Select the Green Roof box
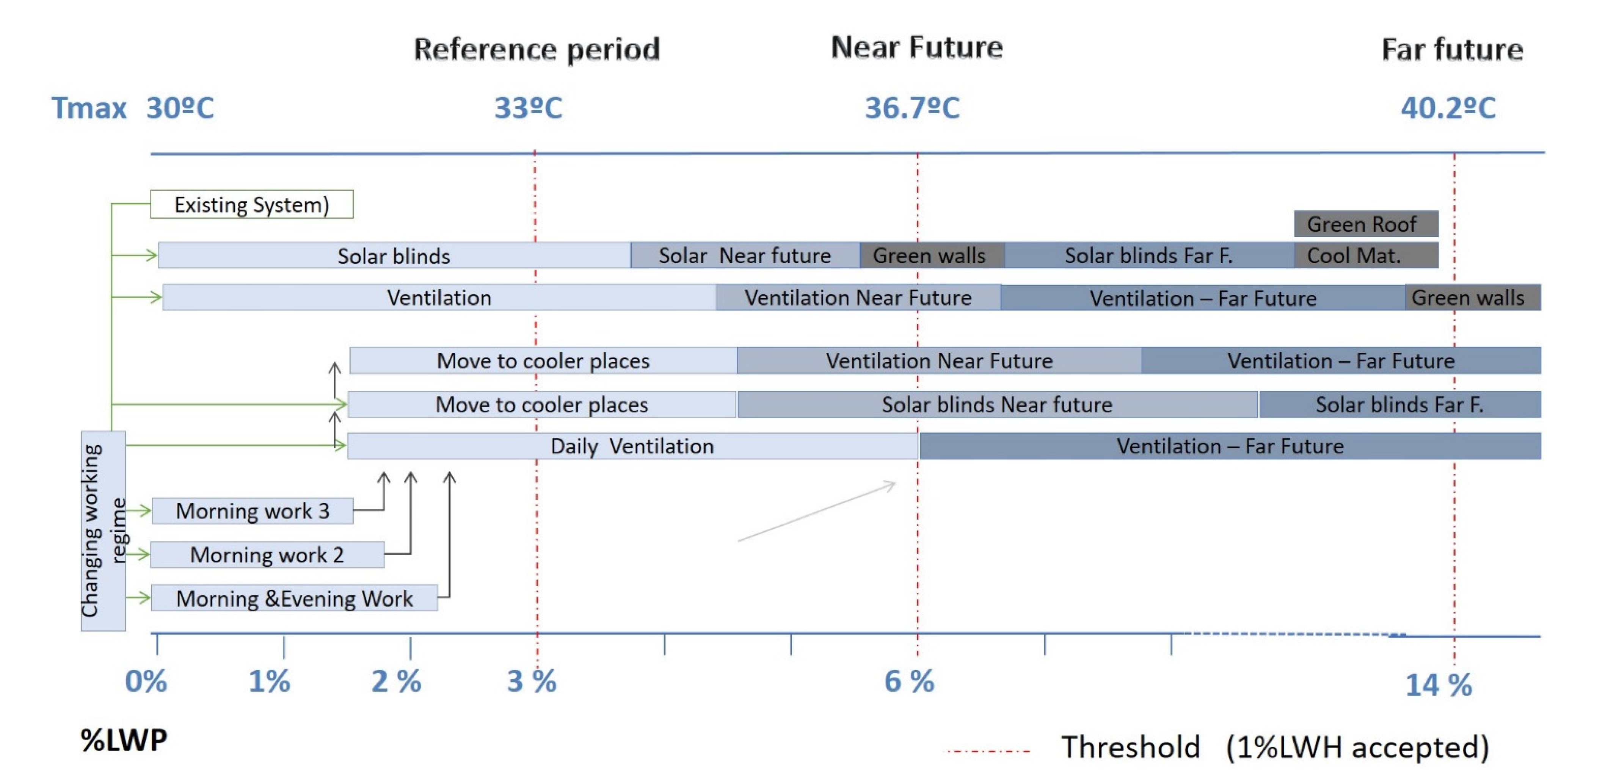pos(1366,224)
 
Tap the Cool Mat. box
pos(1366,255)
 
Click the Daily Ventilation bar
pos(632,446)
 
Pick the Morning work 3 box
pos(253,510)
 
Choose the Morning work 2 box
pos(267,554)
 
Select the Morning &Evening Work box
pos(294,598)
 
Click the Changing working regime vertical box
pos(103,531)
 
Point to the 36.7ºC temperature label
pos(912,108)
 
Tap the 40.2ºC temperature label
pos(1448,108)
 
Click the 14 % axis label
pos(1438,685)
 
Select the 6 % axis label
pos(909,681)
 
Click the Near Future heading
pos(916,47)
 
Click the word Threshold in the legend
pos(1130,747)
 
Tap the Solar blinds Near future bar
pos(997,405)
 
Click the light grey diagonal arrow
pos(816,512)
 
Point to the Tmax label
pos(89,108)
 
